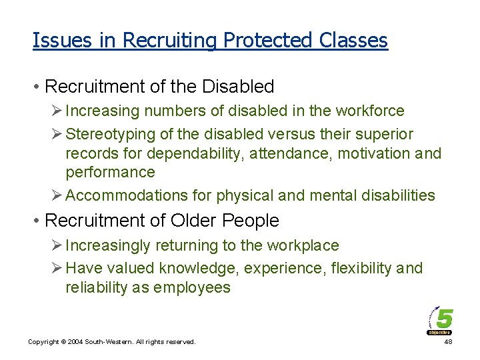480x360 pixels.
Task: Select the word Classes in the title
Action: point(353,41)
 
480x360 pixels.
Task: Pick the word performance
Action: point(110,172)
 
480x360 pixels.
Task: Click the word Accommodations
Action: point(122,195)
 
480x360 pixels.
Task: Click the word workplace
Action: point(303,245)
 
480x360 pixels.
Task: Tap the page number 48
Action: point(447,341)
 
